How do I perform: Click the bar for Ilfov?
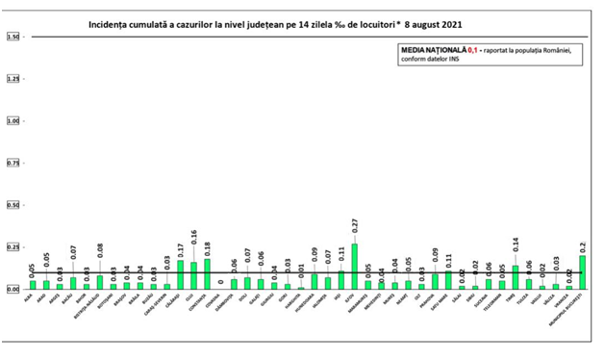point(355,267)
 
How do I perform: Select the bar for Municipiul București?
point(583,272)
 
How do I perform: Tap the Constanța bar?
point(207,274)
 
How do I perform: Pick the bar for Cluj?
point(193,275)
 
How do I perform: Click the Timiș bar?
point(516,277)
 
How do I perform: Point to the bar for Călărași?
point(180,275)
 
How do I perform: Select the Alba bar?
point(33,285)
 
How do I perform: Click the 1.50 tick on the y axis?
point(13,37)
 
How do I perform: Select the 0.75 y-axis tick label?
point(13,163)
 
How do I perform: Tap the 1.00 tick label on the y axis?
point(13,121)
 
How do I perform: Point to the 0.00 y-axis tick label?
point(13,289)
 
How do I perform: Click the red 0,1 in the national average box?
point(472,48)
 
